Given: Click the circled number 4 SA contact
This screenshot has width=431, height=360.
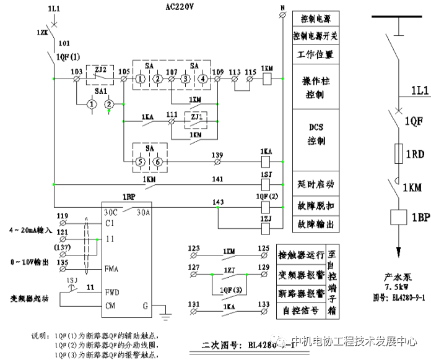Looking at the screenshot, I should coord(202,79).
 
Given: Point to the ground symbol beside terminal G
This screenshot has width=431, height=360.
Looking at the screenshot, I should coord(165,315).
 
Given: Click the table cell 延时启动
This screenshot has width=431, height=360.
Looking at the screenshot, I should coord(316,184).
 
